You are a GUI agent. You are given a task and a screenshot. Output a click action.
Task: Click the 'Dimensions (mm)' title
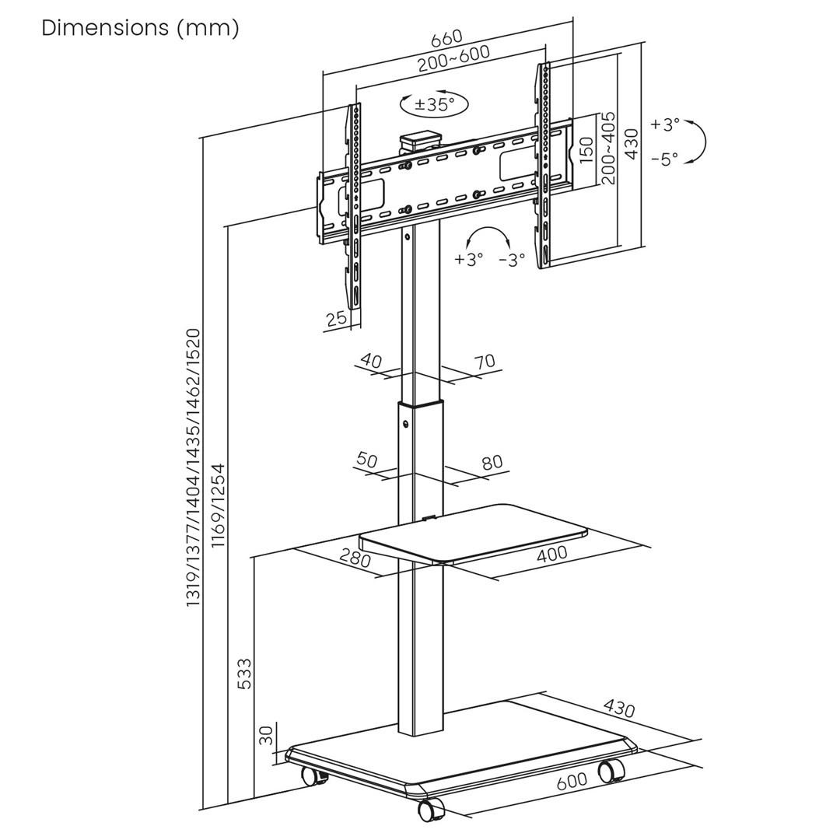click(140, 28)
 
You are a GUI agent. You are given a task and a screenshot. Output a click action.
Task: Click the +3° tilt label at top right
click(665, 124)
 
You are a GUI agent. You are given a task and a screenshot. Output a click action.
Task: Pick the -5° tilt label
click(664, 159)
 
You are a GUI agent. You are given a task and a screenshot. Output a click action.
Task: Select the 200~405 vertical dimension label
click(608, 148)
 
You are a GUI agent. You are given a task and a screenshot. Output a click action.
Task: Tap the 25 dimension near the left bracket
click(336, 318)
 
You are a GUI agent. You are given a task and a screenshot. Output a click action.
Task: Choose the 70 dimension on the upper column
click(484, 361)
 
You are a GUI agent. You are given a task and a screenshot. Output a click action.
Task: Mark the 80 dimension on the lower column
click(492, 463)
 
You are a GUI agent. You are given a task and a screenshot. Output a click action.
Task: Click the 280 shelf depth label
click(355, 558)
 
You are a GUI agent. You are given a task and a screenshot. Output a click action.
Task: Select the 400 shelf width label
click(551, 554)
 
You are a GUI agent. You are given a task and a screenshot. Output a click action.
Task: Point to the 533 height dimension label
click(244, 674)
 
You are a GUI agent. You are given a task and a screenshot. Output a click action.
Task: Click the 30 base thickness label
click(266, 734)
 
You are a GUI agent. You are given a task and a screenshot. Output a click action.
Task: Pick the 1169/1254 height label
click(219, 506)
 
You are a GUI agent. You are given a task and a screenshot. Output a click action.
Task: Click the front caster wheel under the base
click(429, 810)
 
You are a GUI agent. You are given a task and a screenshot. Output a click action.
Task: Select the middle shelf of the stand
click(474, 533)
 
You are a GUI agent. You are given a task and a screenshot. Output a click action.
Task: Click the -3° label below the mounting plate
click(512, 260)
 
